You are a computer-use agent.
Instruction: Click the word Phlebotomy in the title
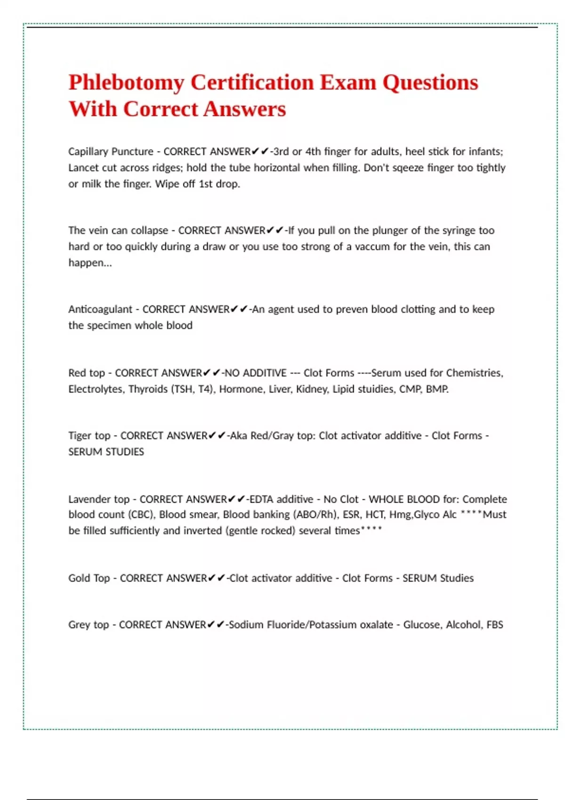pyautogui.click(x=126, y=83)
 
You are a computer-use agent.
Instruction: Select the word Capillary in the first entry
pyautogui.click(x=88, y=152)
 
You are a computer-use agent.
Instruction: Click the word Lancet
pyautogui.click(x=84, y=168)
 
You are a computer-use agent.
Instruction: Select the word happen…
pyautogui.click(x=90, y=263)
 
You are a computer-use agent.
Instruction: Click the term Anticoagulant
pyautogui.click(x=100, y=309)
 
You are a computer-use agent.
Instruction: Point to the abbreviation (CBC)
pyautogui.click(x=141, y=514)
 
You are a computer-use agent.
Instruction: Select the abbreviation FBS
pyautogui.click(x=494, y=624)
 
